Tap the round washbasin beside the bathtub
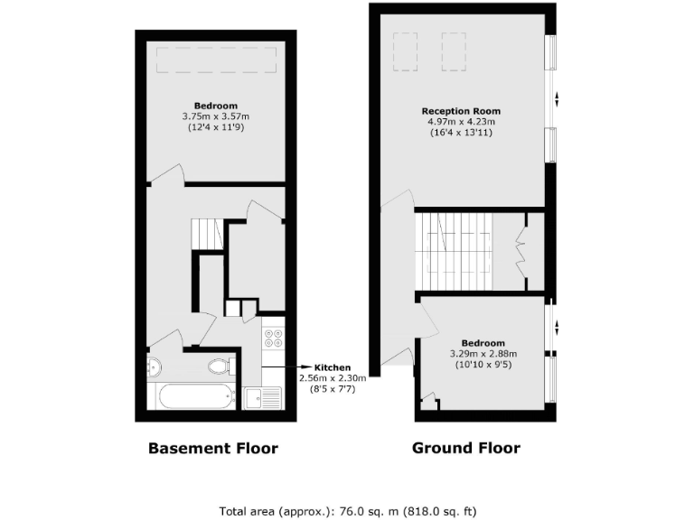(x=154, y=367)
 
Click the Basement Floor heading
(x=213, y=448)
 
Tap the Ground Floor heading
(x=466, y=447)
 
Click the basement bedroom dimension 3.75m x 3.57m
(x=215, y=116)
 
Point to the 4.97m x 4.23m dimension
(x=461, y=122)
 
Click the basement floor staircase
(x=209, y=234)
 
